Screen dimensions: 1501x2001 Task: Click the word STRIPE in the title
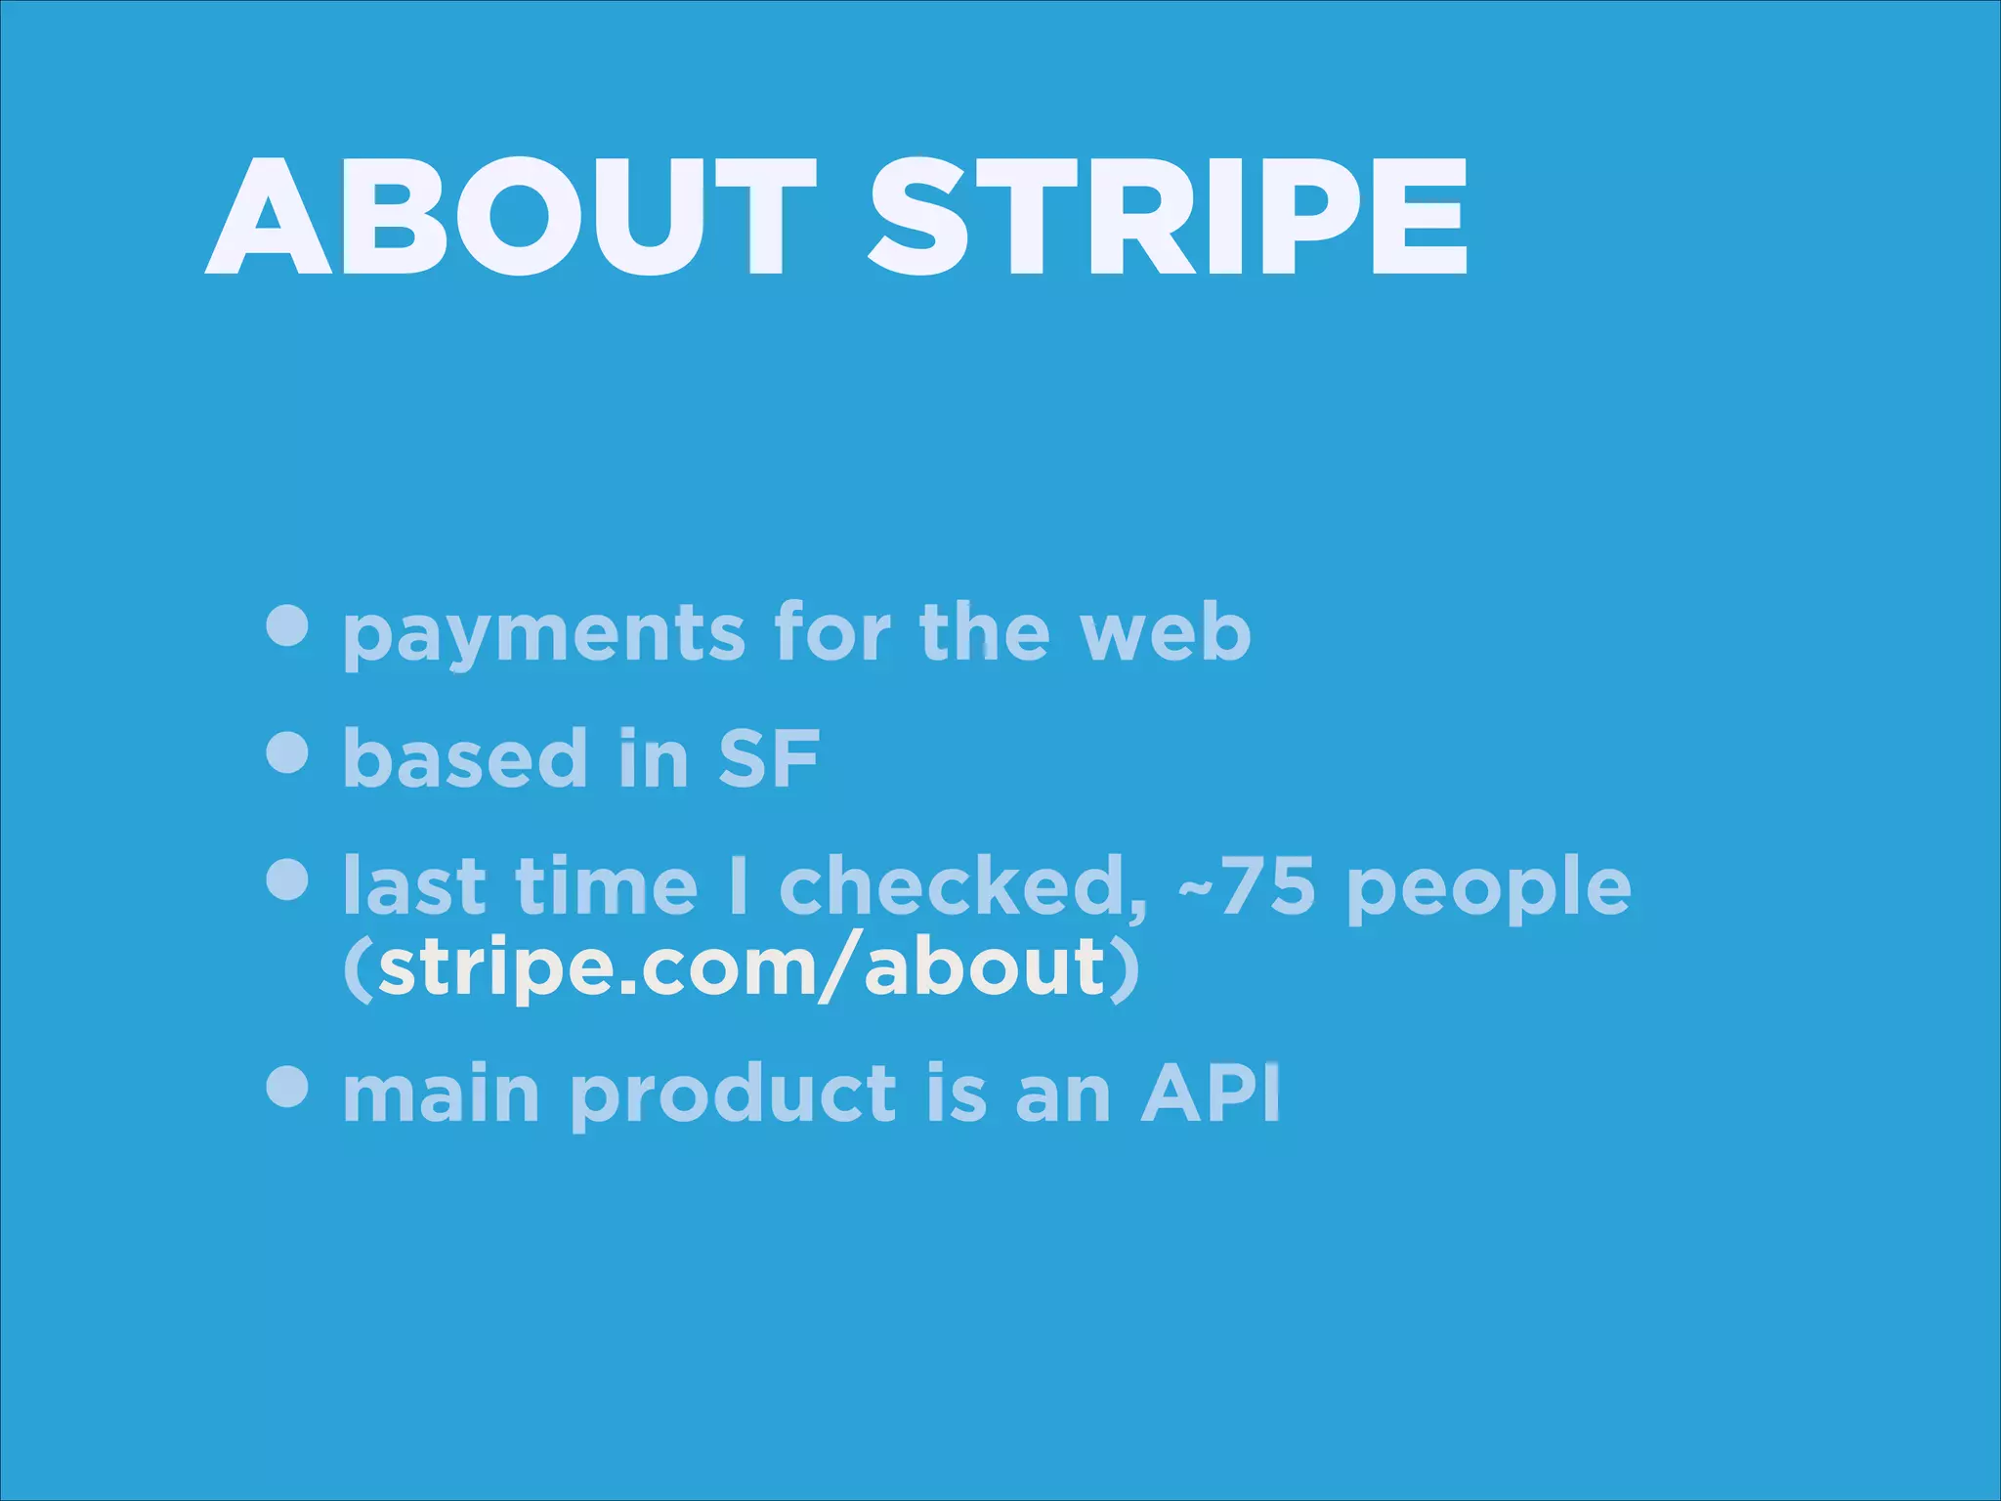(1168, 219)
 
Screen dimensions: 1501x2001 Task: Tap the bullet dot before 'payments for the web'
(287, 625)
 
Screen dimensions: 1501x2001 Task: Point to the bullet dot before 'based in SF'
(287, 752)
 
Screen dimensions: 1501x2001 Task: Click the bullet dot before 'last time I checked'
(287, 879)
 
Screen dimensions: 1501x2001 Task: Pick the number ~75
(1247, 886)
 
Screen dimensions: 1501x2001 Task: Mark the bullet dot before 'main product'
(287, 1087)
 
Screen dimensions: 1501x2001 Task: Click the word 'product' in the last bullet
(733, 1096)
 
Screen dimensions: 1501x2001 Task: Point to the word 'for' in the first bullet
(831, 632)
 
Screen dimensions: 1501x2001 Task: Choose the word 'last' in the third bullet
(414, 886)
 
